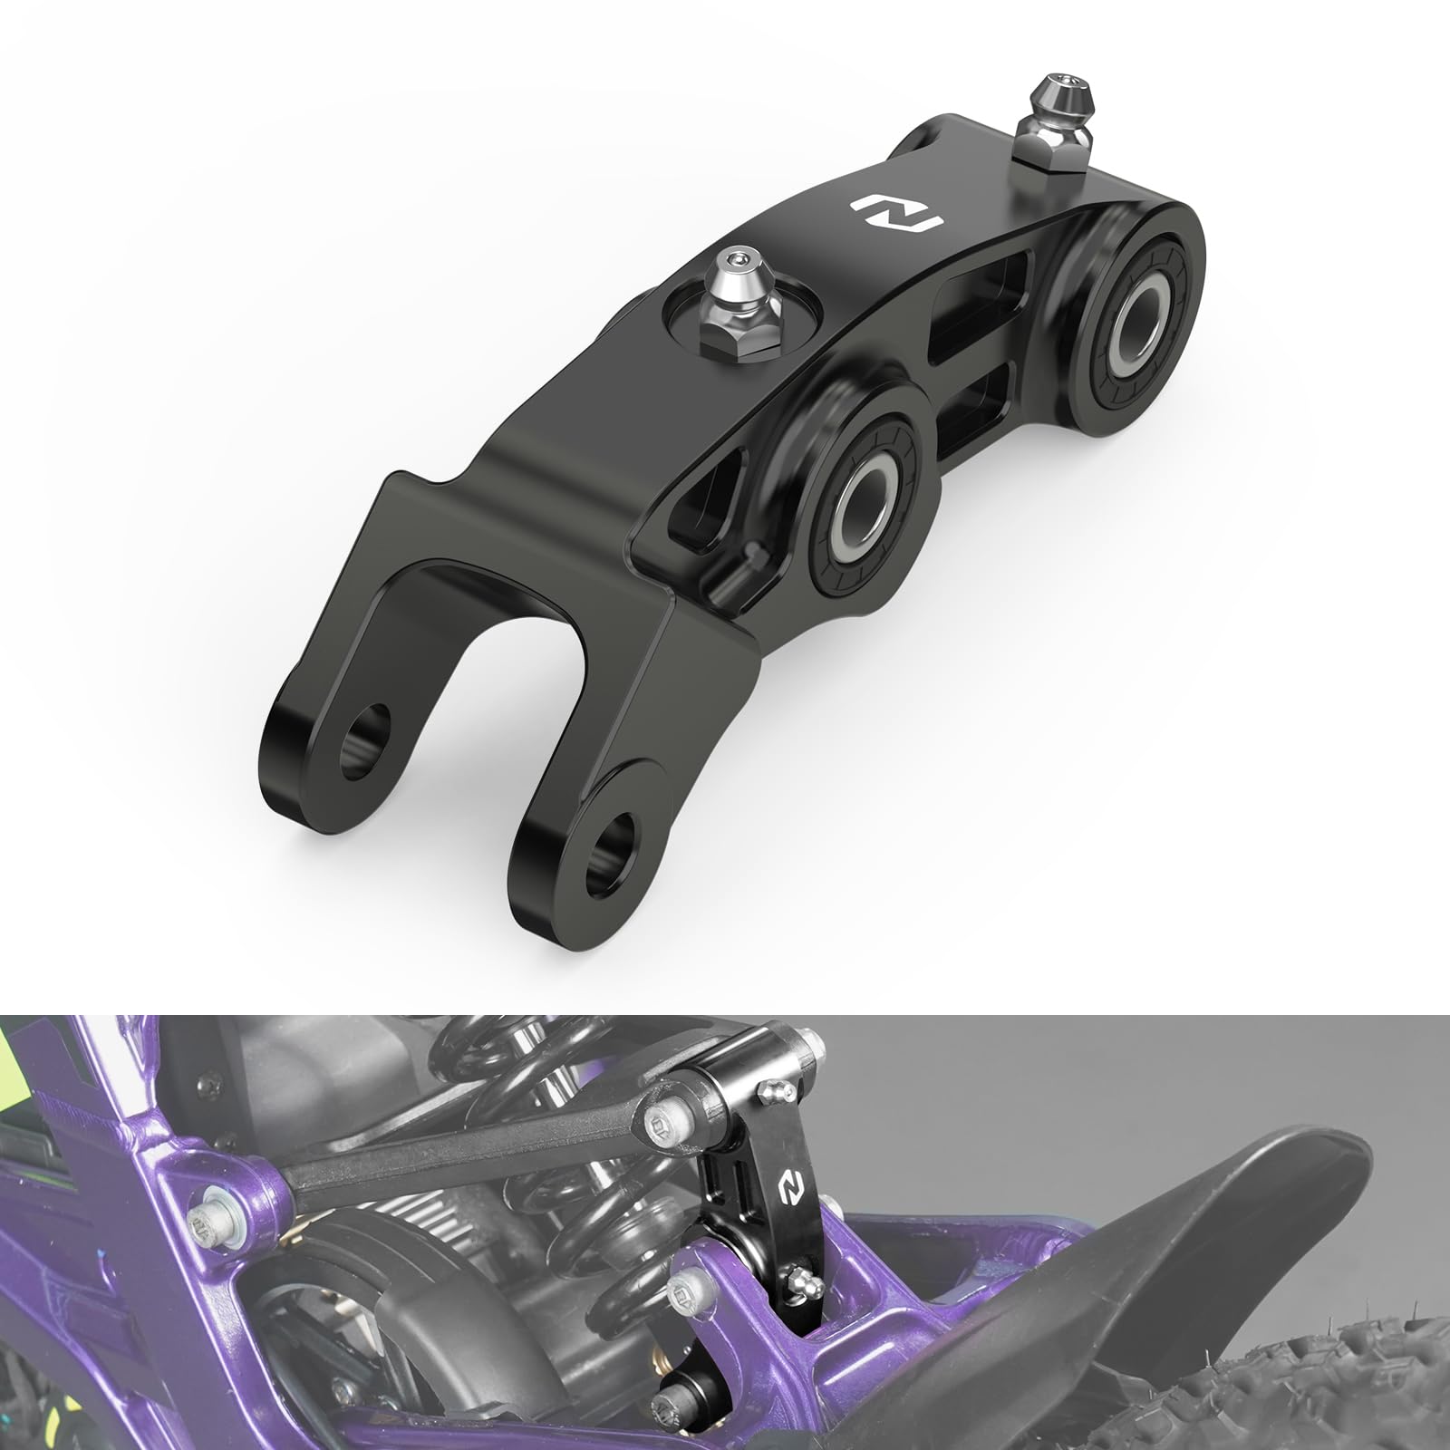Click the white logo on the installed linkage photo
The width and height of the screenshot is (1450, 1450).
point(789,1182)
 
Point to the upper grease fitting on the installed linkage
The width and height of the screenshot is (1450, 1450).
point(768,1091)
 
